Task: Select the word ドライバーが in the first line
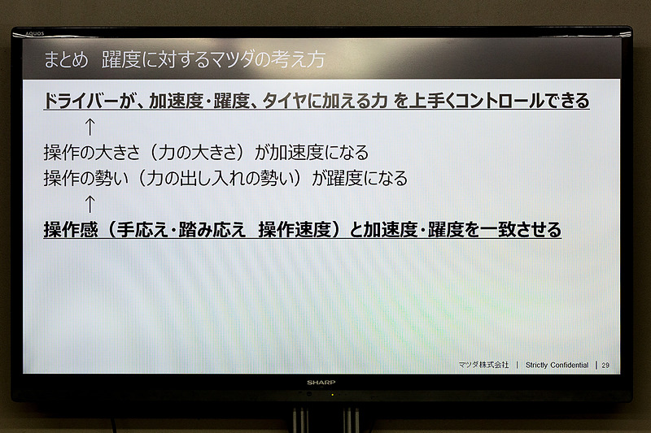coord(89,102)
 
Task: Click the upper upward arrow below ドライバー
coord(90,127)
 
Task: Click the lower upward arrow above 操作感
coord(90,203)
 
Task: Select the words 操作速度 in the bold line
coord(293,230)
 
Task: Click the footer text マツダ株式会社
coord(483,366)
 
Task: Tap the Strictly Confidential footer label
coord(557,366)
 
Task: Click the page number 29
coord(605,366)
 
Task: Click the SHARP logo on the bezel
coord(321,382)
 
